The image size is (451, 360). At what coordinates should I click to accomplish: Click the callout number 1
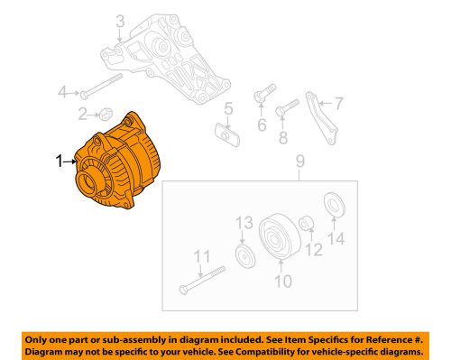(x=59, y=162)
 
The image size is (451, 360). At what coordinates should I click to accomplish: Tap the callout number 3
(x=120, y=20)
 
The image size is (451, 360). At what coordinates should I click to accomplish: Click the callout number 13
(x=241, y=223)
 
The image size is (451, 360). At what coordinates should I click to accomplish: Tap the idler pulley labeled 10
(x=275, y=239)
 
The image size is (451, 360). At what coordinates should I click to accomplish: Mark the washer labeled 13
(x=242, y=255)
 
